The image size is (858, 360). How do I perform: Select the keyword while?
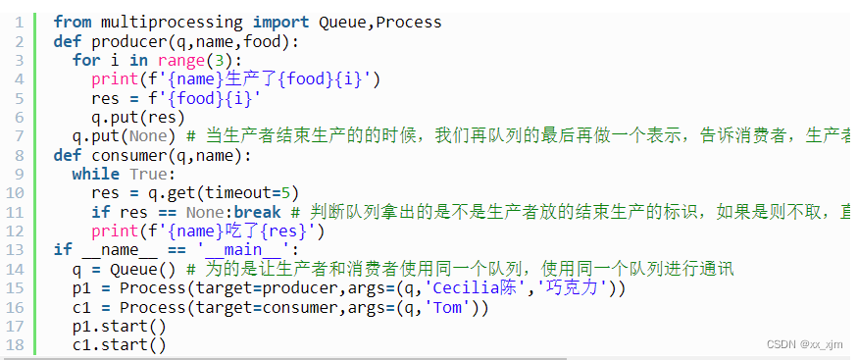pyautogui.click(x=96, y=175)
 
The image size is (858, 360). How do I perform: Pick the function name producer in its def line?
pyautogui.click(x=129, y=41)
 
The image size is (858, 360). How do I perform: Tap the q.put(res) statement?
pyautogui.click(x=139, y=118)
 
